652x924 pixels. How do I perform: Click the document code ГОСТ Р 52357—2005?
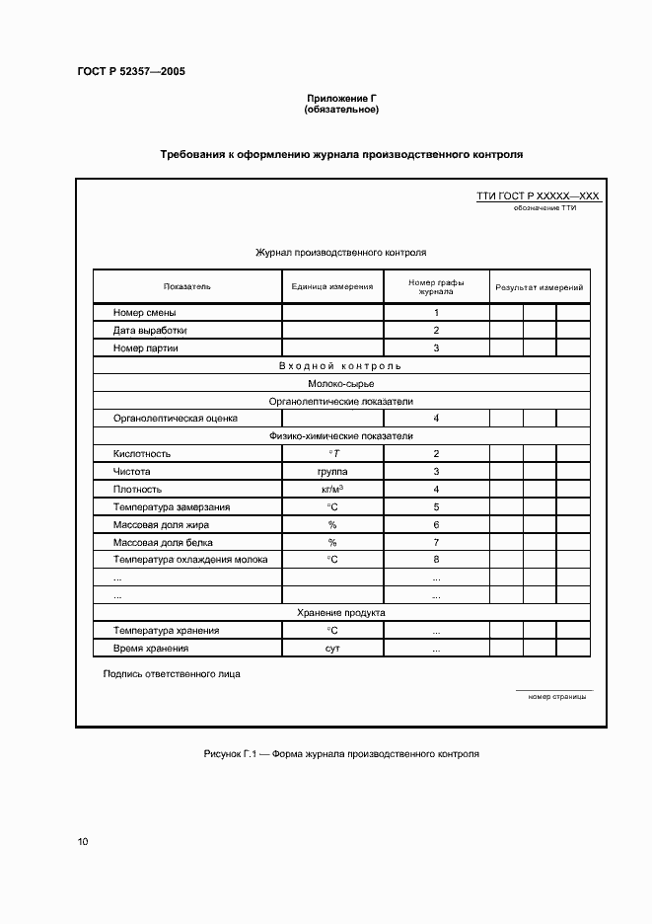pyautogui.click(x=130, y=72)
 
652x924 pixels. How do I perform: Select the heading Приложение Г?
pyautogui.click(x=341, y=99)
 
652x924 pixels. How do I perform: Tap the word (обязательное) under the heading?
pyautogui.click(x=341, y=110)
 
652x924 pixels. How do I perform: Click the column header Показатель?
pyautogui.click(x=187, y=287)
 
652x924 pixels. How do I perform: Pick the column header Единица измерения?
pyautogui.click(x=332, y=287)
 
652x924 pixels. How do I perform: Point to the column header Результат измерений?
pyautogui.click(x=539, y=287)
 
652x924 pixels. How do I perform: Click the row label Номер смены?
pyautogui.click(x=145, y=313)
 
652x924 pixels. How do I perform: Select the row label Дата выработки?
pyautogui.click(x=150, y=331)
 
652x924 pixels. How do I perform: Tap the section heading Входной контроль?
pyautogui.click(x=340, y=366)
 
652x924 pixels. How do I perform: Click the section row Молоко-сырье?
pyautogui.click(x=340, y=384)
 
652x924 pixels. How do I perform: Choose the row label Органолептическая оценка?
pyautogui.click(x=176, y=419)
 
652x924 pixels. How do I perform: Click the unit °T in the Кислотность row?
pyautogui.click(x=332, y=454)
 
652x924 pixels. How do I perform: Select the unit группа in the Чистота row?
pyautogui.click(x=332, y=472)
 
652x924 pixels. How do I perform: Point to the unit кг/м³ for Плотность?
pyautogui.click(x=332, y=490)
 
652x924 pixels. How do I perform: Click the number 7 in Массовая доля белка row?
pyautogui.click(x=436, y=543)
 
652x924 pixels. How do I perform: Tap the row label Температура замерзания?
pyautogui.click(x=172, y=507)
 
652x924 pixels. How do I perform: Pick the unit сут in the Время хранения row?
pyautogui.click(x=332, y=649)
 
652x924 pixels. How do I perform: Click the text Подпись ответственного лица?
pyautogui.click(x=172, y=674)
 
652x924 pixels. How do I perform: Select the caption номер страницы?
pyautogui.click(x=556, y=696)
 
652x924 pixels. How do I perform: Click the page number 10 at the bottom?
pyautogui.click(x=83, y=842)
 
